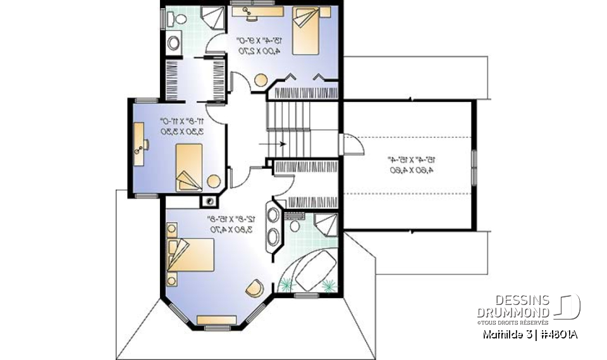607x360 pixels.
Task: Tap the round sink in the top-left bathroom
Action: [174, 43]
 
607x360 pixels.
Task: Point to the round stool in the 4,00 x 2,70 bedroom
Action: [260, 80]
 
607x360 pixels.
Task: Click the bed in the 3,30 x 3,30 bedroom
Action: [188, 166]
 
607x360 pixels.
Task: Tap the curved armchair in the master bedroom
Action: [254, 287]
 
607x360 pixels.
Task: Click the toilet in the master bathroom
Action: [294, 223]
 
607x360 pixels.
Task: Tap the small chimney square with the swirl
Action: [207, 201]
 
